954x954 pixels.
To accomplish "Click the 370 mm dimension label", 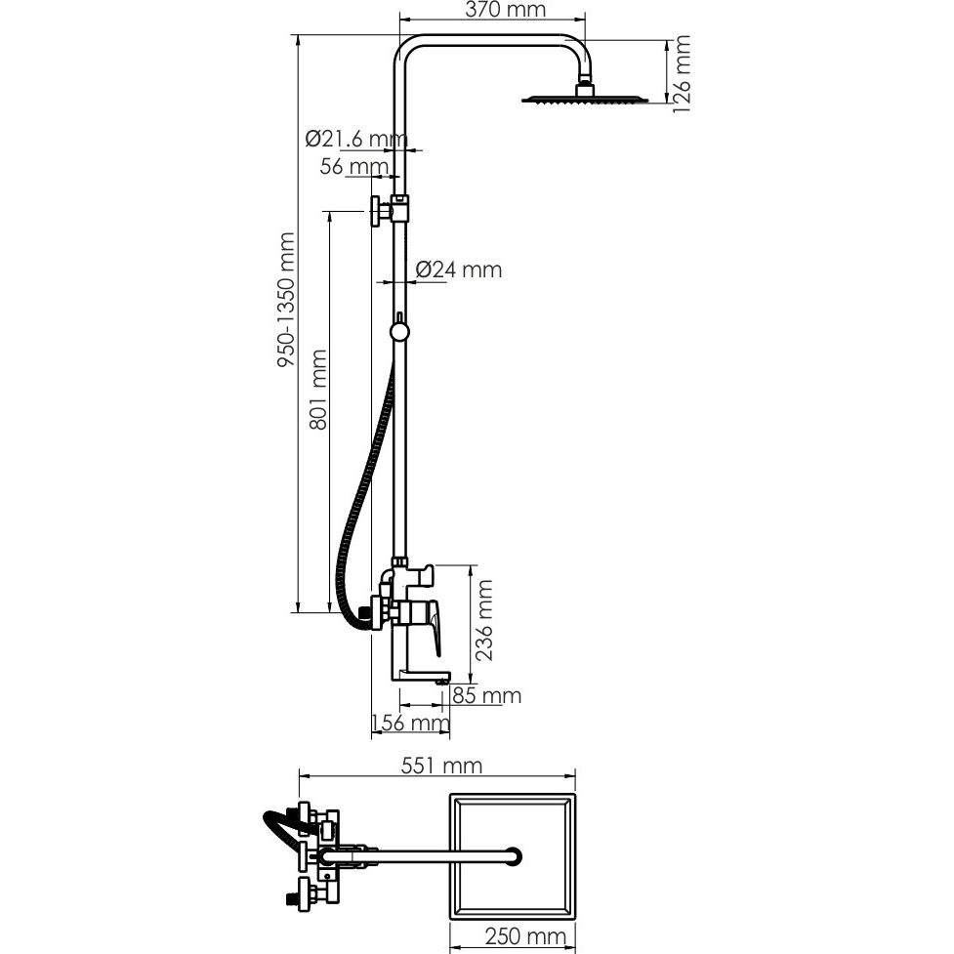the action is click(x=505, y=10).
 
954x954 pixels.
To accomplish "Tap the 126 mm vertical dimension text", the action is click(x=682, y=73).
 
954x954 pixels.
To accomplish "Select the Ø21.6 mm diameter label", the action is click(x=356, y=140).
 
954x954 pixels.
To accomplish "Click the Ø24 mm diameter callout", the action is click(x=459, y=270).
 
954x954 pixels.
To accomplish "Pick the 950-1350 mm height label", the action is click(x=286, y=300).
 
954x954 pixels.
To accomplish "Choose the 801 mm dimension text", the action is click(x=318, y=390).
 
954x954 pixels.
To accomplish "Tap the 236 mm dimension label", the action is click(x=483, y=620).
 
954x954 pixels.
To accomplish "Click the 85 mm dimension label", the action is click(x=486, y=695).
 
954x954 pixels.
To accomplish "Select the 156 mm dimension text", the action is click(x=411, y=723).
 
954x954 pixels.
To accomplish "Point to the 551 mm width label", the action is click(x=441, y=766).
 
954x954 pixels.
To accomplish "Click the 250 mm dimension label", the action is click(x=525, y=937).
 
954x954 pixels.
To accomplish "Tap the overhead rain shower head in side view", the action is click(x=585, y=98).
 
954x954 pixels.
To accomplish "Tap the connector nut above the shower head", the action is click(x=584, y=88).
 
